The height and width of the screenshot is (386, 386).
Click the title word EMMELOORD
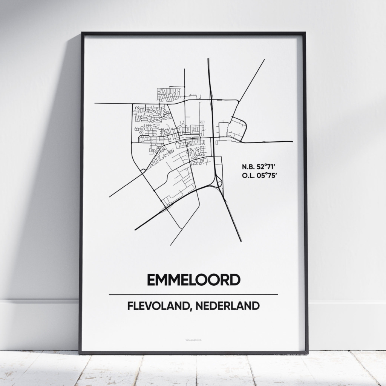click(x=193, y=280)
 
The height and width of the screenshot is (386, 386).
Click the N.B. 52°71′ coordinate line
click(x=260, y=166)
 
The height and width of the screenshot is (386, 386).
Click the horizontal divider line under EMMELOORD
click(x=193, y=294)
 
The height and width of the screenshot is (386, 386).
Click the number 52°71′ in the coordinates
click(x=267, y=166)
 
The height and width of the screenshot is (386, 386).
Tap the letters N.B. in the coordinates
click(x=248, y=166)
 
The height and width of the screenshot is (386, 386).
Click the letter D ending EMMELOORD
click(x=234, y=280)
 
